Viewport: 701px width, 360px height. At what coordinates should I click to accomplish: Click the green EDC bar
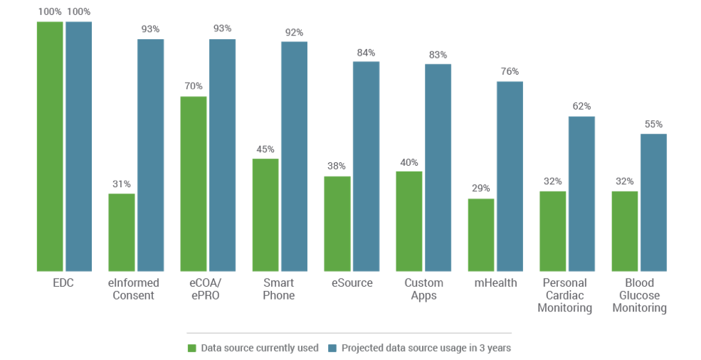coord(50,146)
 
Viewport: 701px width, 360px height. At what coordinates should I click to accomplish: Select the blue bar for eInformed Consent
coord(150,155)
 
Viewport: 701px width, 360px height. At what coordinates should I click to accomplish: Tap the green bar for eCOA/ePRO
coord(194,184)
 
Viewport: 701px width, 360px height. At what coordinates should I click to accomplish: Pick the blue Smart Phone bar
coord(294,156)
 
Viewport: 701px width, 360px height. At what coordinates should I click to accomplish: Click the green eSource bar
coord(337,223)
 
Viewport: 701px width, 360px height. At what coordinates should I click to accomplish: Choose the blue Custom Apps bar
coord(438,167)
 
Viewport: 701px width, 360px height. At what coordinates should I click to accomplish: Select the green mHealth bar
coord(481,234)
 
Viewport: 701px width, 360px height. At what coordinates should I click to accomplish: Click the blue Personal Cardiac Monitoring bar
coord(581,194)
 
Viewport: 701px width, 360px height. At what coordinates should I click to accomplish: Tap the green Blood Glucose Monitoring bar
coord(625,231)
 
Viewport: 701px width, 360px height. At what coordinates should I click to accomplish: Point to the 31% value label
coord(121,184)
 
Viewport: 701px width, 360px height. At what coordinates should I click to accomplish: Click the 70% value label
coord(194,87)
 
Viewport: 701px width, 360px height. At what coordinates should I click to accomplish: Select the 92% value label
coord(294,32)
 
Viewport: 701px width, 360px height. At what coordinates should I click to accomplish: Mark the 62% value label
coord(581,107)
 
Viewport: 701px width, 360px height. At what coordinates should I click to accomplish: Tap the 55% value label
coord(653,125)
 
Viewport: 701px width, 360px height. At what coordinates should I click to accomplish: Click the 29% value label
coord(481,189)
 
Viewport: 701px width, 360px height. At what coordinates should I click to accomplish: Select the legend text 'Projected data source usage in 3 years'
coord(426,348)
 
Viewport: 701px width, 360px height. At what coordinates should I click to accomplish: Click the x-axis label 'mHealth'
coord(495,283)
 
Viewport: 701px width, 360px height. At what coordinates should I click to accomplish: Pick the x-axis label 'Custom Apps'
coord(423,289)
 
